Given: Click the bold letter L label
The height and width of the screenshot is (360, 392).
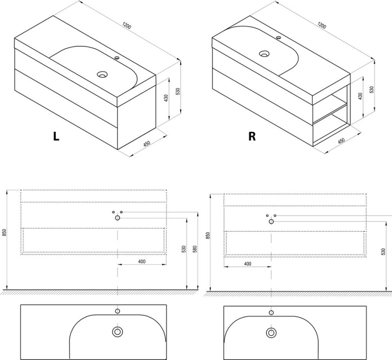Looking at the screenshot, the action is pos(56,136).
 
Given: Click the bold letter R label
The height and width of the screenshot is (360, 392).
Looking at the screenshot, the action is pos(252,136).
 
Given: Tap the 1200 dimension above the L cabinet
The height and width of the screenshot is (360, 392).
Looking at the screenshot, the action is pos(127,26).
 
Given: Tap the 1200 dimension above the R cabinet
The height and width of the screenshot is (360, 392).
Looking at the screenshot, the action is pos(322,25).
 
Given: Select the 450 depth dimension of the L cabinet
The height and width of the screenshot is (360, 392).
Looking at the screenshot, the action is pos(147,144).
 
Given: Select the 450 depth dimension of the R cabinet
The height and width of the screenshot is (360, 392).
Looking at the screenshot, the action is pos(341,140).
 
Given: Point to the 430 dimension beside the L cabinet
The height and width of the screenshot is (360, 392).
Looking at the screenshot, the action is pos(166,98).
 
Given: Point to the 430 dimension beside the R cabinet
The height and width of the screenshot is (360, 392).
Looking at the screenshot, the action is pos(360,96).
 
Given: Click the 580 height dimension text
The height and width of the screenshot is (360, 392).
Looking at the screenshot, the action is pos(195,249).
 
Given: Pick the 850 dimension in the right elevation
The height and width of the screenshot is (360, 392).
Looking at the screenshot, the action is pos(208,236).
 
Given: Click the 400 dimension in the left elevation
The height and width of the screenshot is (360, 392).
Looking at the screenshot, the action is pos(142,261).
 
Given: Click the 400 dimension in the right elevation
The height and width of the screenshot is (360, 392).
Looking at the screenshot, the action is pos(247,264).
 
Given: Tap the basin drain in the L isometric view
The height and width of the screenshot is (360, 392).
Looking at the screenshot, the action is pos(102,74).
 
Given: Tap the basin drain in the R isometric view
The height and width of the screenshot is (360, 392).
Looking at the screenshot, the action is pos(264,54).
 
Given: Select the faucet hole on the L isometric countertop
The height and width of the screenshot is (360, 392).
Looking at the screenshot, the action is pos(117,58).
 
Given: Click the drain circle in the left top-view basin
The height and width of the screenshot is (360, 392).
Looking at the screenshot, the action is pos(117,332).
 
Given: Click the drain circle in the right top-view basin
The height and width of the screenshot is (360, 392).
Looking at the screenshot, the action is pos(271,333).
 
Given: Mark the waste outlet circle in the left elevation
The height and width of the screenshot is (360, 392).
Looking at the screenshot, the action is pos(117,218).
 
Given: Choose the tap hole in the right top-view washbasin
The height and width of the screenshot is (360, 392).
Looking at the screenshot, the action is pos(271,312).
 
